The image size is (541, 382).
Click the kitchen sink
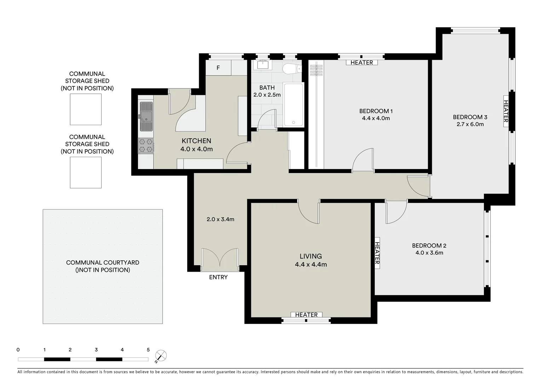tap(146, 116)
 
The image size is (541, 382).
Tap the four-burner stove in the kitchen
tap(146, 146)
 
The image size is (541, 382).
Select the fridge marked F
tap(218, 68)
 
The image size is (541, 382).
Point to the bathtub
tap(293, 105)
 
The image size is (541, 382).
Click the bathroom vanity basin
tap(263, 65)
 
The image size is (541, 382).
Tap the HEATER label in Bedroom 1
tap(362, 63)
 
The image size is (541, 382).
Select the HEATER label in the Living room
tap(306, 315)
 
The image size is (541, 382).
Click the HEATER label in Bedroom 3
tap(506, 111)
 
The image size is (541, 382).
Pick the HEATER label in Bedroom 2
tap(377, 253)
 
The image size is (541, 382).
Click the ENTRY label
tap(218, 277)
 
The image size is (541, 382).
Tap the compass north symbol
tap(161, 356)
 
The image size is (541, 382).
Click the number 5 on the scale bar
tap(148, 350)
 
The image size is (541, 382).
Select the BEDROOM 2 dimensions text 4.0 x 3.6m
tap(429, 253)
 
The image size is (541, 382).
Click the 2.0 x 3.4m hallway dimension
tap(220, 219)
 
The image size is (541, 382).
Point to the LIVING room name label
tap(311, 256)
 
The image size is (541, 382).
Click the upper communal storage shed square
tap(86, 109)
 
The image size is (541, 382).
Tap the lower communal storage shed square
tap(86, 172)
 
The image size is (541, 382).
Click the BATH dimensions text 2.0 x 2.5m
tap(267, 95)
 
